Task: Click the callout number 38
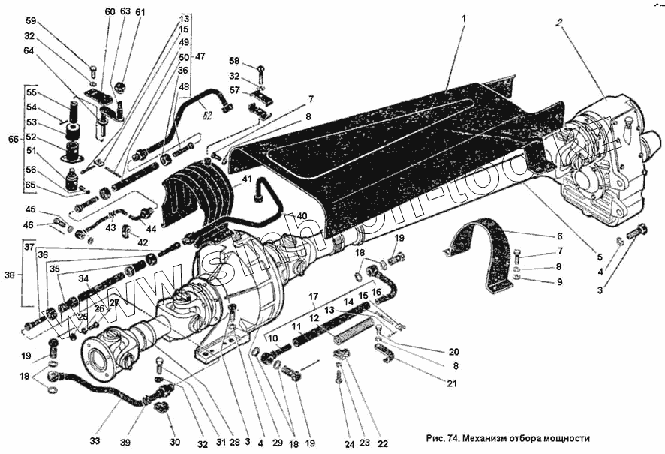pyautogui.click(x=8, y=275)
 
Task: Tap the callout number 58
pyautogui.click(x=234, y=61)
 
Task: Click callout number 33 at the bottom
pyautogui.click(x=95, y=441)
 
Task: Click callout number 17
pyautogui.click(x=313, y=296)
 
